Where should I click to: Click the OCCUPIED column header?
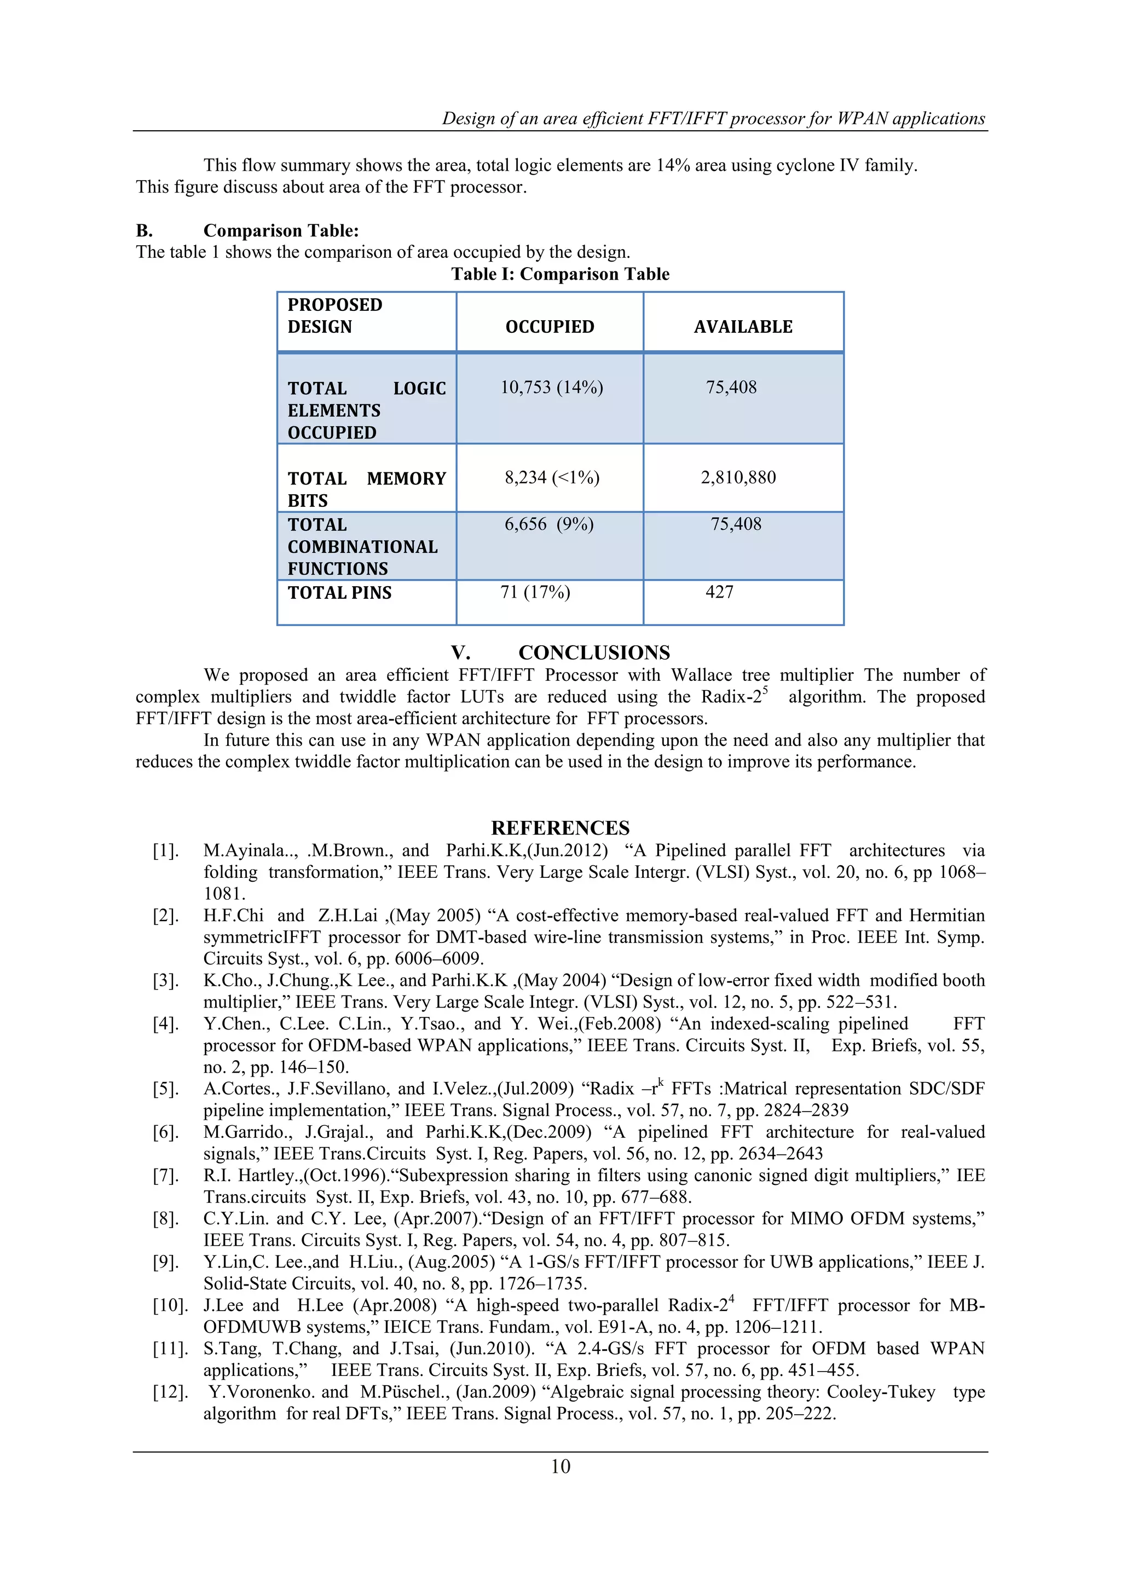[550, 327]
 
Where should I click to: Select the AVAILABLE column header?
[743, 327]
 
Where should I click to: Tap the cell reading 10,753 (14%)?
[552, 387]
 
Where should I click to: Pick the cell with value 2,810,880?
[738, 477]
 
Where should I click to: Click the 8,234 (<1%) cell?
[552, 477]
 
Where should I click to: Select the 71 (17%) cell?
[535, 592]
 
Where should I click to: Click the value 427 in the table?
[719, 592]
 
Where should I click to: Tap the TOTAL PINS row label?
[339, 592]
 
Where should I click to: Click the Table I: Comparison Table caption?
[560, 274]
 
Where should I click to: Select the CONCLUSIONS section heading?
[594, 652]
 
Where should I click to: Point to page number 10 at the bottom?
[560, 1466]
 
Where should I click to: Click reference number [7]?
[166, 1176]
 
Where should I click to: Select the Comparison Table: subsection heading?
[281, 230]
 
